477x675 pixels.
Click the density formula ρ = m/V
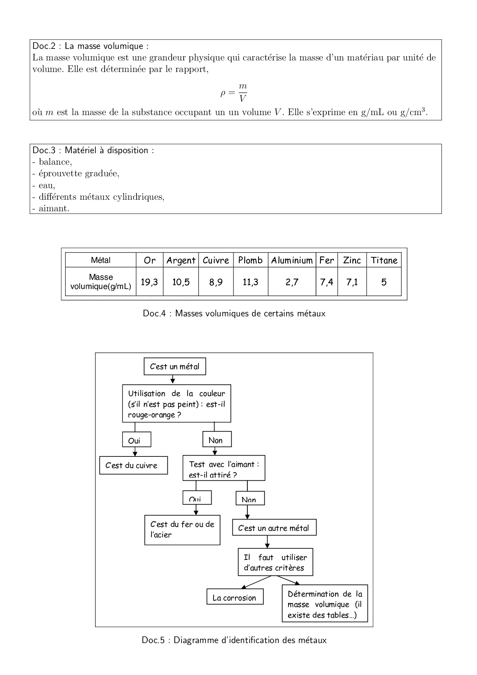(234, 93)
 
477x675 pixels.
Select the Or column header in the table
(150, 260)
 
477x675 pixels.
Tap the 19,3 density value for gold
(149, 282)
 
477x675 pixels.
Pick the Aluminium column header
(292, 260)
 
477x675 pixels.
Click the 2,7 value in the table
(292, 282)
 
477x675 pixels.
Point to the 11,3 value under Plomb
(250, 282)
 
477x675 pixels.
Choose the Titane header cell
(384, 260)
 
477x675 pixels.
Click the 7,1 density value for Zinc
(352, 282)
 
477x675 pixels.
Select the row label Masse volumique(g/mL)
(100, 282)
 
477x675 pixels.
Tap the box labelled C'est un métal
(175, 366)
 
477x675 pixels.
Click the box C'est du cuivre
(133, 465)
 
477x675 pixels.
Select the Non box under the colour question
(217, 440)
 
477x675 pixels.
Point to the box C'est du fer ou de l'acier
(182, 530)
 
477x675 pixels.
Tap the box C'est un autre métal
(274, 528)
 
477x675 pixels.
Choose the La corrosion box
(235, 597)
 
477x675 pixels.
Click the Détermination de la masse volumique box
(325, 604)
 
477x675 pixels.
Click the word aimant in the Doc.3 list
(54, 209)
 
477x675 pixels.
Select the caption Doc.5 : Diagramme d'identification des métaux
(234, 640)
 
